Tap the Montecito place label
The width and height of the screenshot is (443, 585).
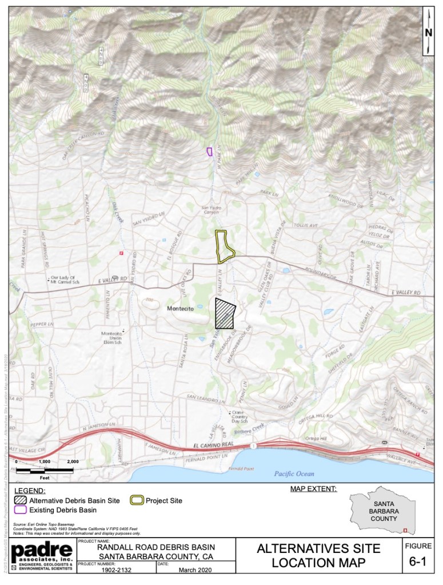(181, 308)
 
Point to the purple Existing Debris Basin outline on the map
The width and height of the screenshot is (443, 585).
(209, 152)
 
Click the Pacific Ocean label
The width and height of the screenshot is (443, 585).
(294, 473)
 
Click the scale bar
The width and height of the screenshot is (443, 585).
(45, 470)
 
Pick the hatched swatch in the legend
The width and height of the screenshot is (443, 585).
(21, 500)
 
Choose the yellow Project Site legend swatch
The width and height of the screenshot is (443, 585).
(137, 500)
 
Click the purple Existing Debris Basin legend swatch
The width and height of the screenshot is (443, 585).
(21, 510)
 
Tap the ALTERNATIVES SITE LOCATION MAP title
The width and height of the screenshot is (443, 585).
(318, 556)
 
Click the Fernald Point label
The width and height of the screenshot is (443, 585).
(236, 468)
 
